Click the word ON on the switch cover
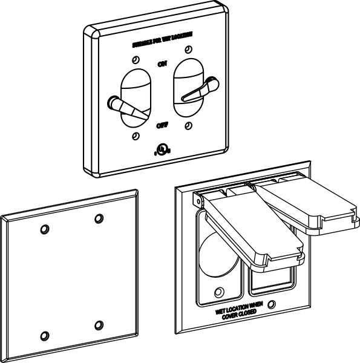[x=162, y=63]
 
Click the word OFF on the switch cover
[x=162, y=125]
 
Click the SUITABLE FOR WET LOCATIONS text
[x=162, y=45]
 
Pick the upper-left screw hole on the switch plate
[x=135, y=60]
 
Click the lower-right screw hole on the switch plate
[x=189, y=126]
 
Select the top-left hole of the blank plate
[x=44, y=229]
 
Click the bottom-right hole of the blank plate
[x=98, y=325]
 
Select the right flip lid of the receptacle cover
[x=309, y=206]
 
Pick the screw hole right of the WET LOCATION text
[x=273, y=304]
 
